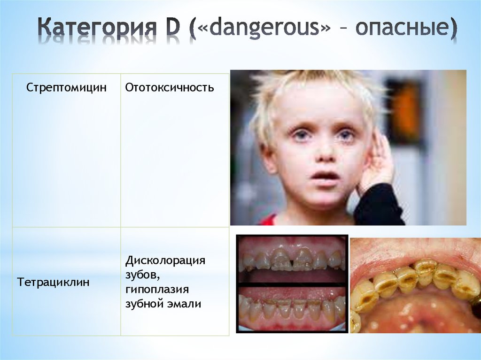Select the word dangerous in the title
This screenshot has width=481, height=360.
coord(264,29)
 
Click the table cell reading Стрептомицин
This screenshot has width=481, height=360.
coord(66,88)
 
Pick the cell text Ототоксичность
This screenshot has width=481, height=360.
coord(170,88)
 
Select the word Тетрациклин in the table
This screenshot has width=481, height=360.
coord(53,283)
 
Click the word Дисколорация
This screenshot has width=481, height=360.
coord(165,260)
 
